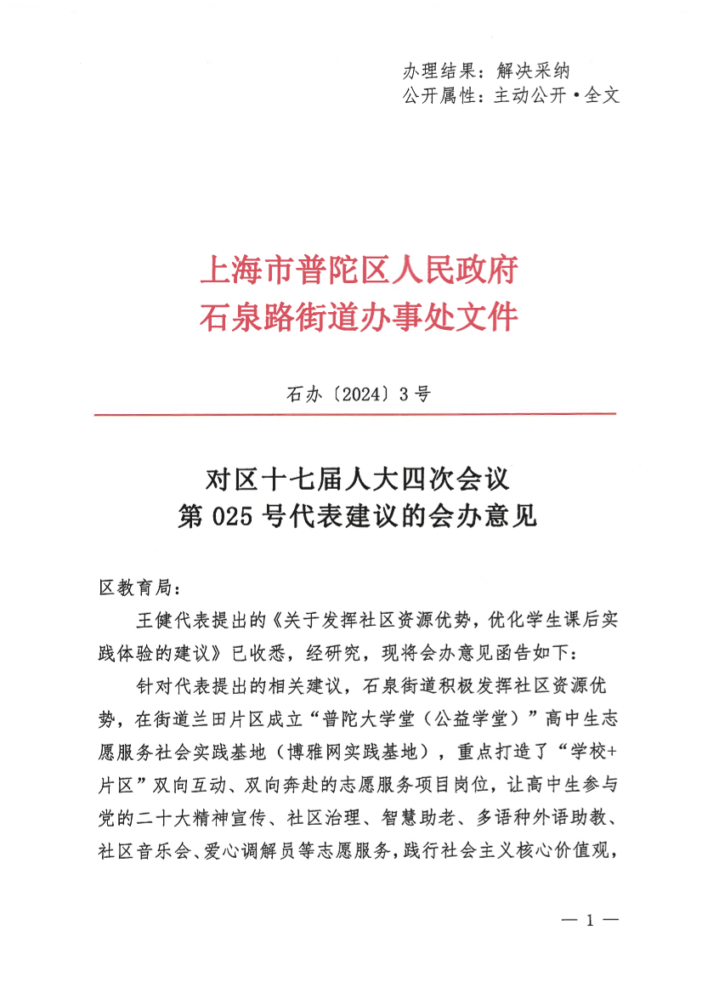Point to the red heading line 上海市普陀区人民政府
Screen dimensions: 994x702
tap(358, 271)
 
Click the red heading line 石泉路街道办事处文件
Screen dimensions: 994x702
tap(358, 317)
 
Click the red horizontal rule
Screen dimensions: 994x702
tap(355, 414)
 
